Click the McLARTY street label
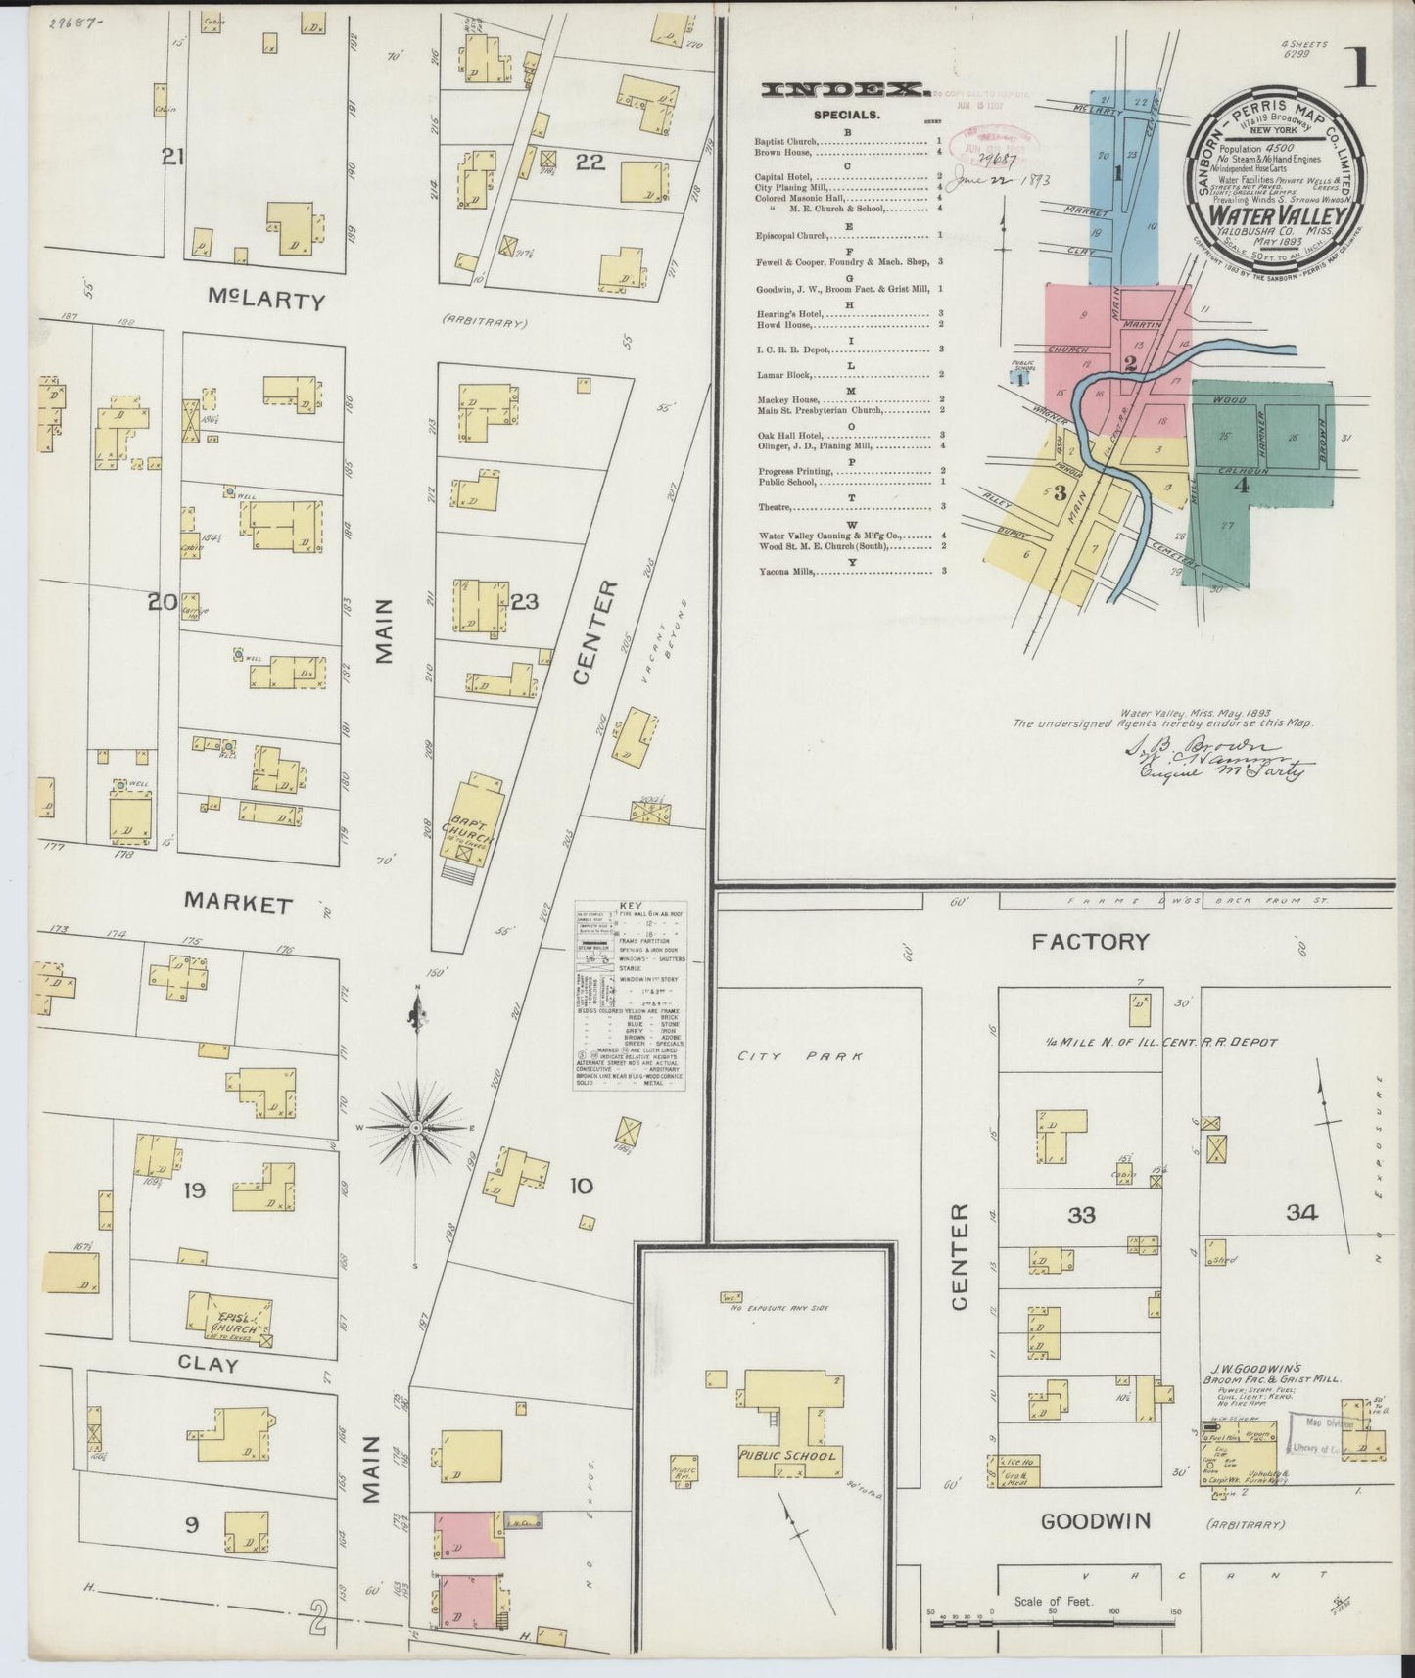(265, 302)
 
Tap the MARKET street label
(239, 904)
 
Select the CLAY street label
(208, 1364)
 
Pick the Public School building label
(787, 1455)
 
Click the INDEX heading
(846, 91)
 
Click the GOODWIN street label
(1095, 1550)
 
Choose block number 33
(1082, 1214)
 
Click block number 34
(1301, 1213)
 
